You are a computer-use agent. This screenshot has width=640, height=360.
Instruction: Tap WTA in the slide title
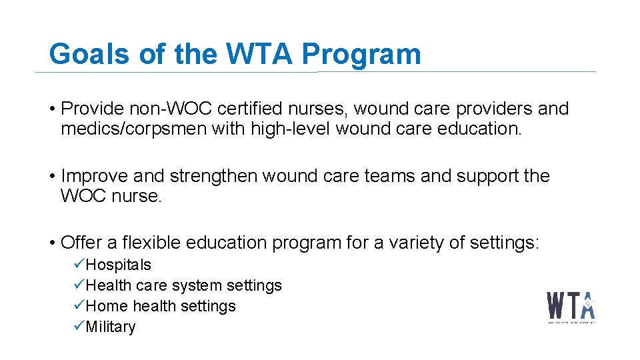click(x=260, y=54)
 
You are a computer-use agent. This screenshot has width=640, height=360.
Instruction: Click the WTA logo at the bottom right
click(x=571, y=307)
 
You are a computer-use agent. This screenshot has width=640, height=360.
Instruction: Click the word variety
click(x=414, y=243)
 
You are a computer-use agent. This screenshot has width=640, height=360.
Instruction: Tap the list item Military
click(x=111, y=327)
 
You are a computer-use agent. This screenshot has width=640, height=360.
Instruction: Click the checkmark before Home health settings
click(x=79, y=306)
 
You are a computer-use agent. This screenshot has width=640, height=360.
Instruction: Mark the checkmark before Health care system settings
click(x=79, y=285)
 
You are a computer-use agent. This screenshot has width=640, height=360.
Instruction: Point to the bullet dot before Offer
click(x=52, y=243)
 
